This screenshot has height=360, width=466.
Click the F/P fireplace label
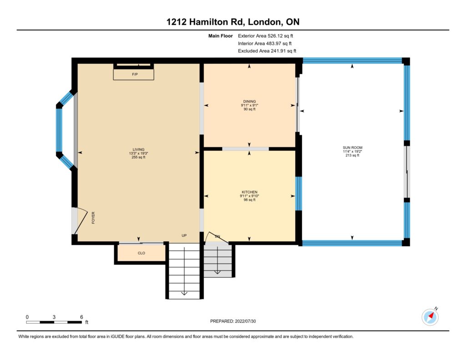135,74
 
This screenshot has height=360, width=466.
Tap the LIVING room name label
138,150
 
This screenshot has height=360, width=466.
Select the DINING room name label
249,101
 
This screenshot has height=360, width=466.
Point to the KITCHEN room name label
249,192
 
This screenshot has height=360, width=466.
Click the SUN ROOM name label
353,147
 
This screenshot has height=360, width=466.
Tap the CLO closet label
142,253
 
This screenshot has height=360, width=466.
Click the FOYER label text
93,218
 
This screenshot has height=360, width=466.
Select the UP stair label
184,235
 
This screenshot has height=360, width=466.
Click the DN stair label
218,236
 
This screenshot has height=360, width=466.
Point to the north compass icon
430,317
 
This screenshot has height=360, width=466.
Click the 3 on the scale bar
54,317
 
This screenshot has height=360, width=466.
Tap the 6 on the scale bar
81,317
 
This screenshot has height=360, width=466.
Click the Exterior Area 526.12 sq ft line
265,35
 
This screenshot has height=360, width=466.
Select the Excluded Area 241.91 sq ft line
267,51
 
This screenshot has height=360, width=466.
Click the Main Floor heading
221,35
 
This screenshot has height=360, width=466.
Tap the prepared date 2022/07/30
245,321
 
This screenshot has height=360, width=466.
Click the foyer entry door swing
81,221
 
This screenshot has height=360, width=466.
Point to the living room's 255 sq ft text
138,157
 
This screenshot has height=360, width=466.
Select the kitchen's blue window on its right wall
299,193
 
